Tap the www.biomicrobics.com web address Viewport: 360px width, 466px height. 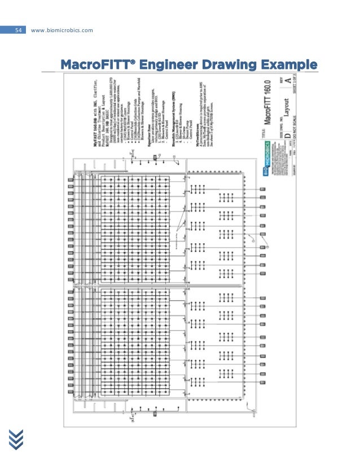pyautogui.click(x=63, y=29)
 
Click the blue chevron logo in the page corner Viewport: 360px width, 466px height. pyautogui.click(x=16, y=439)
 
